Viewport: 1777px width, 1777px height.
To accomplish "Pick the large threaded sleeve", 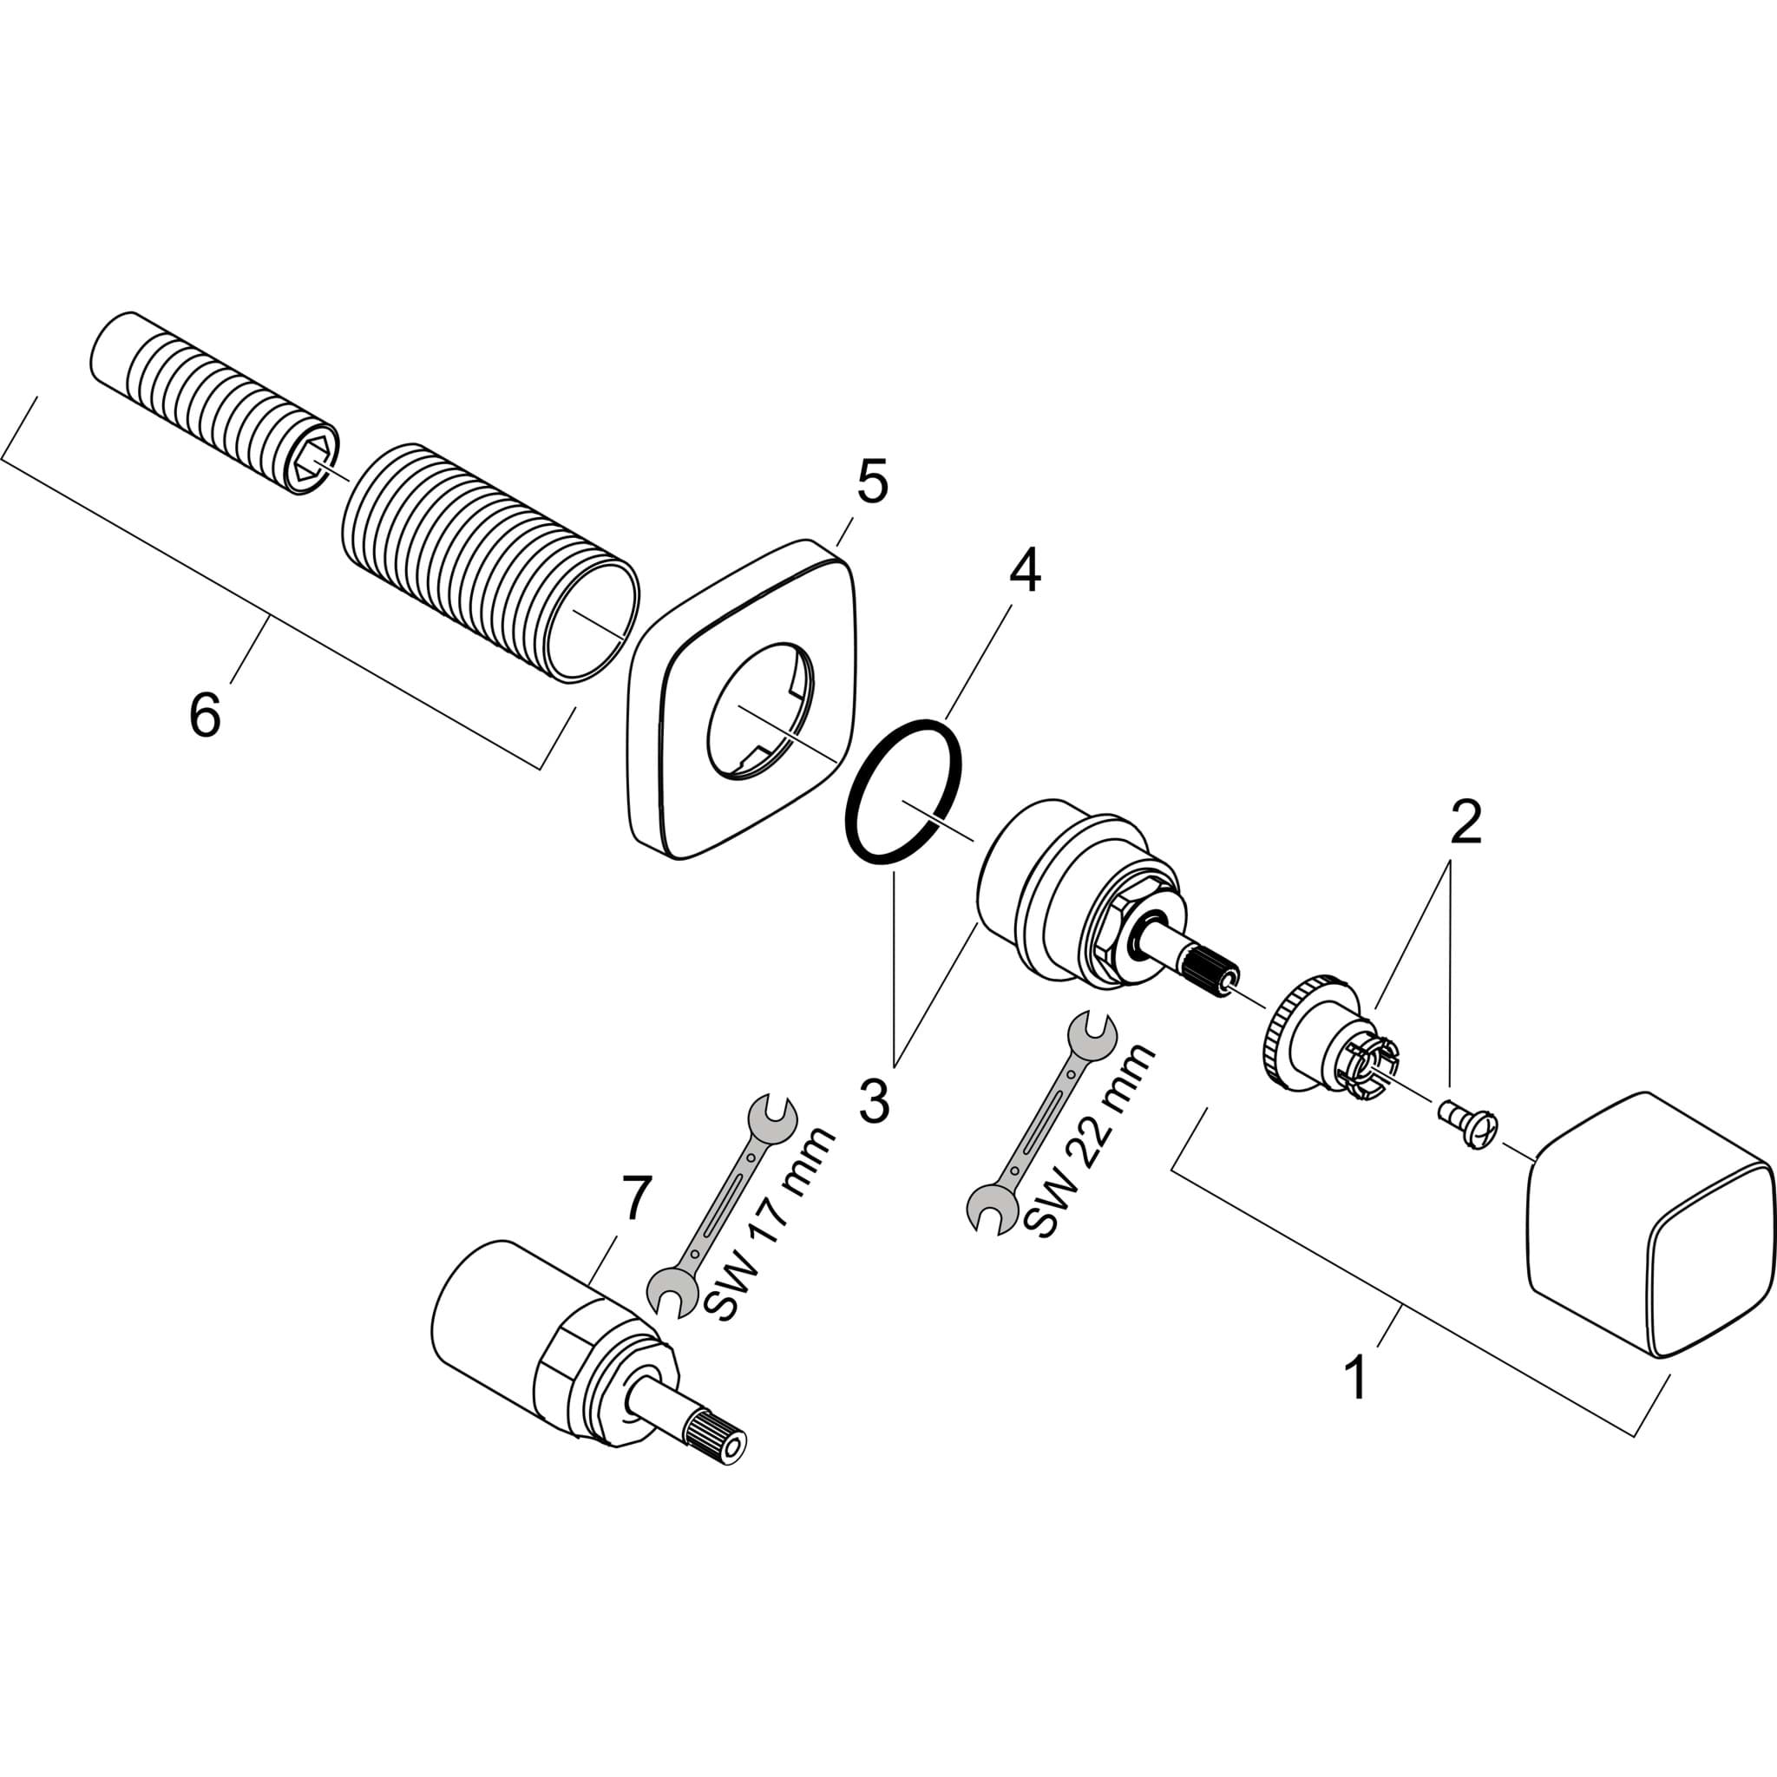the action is (490, 563).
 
